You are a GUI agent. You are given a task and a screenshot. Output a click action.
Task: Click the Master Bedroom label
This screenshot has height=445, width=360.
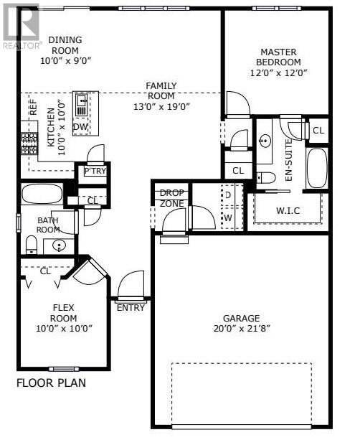pyautogui.click(x=278, y=57)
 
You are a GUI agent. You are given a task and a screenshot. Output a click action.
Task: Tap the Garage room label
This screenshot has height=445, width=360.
pyautogui.click(x=241, y=318)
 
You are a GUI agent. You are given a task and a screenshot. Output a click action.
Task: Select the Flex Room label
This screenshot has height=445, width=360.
pyautogui.click(x=64, y=312)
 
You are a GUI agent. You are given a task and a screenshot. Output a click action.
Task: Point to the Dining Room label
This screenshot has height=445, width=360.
pyautogui.click(x=65, y=44)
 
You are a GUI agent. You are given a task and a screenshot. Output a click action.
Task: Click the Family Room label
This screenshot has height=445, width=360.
pyautogui.click(x=161, y=90)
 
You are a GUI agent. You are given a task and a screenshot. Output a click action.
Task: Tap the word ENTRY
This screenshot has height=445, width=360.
pyautogui.click(x=131, y=308)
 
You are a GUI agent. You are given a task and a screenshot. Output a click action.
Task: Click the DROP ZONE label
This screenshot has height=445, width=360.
pyautogui.click(x=171, y=198)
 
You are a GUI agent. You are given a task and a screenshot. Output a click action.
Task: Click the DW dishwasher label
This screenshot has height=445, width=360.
pyautogui.click(x=81, y=127)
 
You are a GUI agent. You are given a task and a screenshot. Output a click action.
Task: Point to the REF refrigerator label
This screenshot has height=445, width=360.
pyautogui.click(x=33, y=108)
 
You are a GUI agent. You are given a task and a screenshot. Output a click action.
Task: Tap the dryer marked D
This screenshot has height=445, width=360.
pyautogui.click(x=227, y=195)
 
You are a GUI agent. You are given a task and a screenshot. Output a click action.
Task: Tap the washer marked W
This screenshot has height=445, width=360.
pyautogui.click(x=227, y=217)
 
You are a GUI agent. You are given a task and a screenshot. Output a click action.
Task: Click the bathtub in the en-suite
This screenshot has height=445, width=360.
pyautogui.click(x=316, y=168)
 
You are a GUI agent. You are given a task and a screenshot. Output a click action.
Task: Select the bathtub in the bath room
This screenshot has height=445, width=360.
pyautogui.click(x=42, y=194)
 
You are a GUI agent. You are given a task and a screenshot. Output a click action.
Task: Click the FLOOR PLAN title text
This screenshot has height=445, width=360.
pyautogui.click(x=51, y=383)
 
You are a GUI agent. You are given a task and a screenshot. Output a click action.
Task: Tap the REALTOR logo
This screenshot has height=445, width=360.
pyautogui.click(x=20, y=26)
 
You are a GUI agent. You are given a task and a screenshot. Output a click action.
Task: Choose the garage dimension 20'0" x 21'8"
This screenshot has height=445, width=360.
pyautogui.click(x=241, y=329)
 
